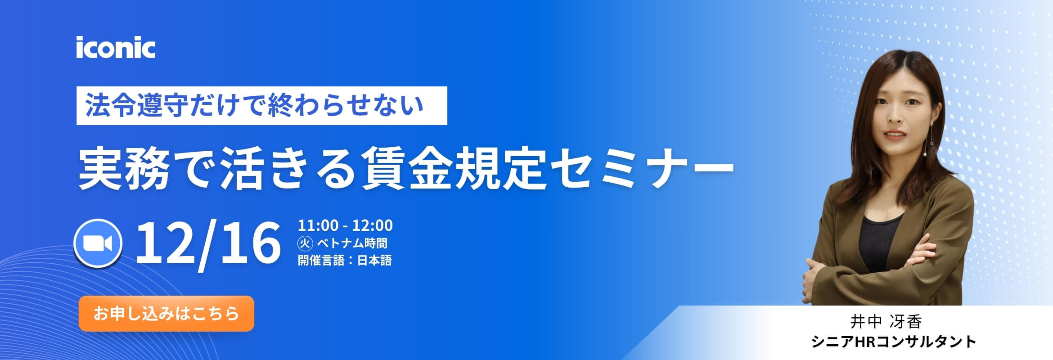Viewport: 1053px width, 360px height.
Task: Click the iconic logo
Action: point(116,48)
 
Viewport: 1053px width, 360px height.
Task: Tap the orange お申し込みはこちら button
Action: point(166,314)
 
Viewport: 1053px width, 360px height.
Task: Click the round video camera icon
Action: point(98,243)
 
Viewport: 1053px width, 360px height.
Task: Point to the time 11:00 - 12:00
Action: point(345,225)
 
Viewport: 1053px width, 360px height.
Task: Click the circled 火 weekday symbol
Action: point(305,243)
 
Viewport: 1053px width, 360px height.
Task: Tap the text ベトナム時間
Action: point(352,243)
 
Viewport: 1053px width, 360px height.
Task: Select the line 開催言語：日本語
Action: point(345,260)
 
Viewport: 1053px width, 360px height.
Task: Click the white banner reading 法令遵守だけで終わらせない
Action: point(261,106)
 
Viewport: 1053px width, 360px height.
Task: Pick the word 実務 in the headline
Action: point(124,169)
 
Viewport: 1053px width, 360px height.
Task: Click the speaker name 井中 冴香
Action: point(886,321)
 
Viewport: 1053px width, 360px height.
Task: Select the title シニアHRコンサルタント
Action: point(893,342)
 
